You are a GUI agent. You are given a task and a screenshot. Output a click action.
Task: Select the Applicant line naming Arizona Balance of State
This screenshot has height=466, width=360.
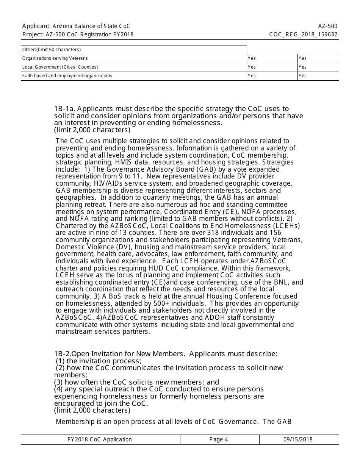pos(76,26)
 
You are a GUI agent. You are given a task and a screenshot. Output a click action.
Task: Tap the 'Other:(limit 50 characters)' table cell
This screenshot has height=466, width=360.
pos(52,50)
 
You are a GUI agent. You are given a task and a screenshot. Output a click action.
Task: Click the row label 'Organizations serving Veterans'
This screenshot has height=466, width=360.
pos(55,58)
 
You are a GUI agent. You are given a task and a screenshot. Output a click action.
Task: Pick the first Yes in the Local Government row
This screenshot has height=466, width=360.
pos(252,67)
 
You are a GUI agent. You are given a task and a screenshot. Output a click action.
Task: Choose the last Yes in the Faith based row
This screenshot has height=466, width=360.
pos(302,76)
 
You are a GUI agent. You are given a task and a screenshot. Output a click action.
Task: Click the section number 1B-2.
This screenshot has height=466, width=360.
pos(63,354)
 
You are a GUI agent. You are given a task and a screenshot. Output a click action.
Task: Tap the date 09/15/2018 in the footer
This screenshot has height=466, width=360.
pos(298,439)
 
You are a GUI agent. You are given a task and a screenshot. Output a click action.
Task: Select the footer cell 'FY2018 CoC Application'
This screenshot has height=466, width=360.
pos(100,439)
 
